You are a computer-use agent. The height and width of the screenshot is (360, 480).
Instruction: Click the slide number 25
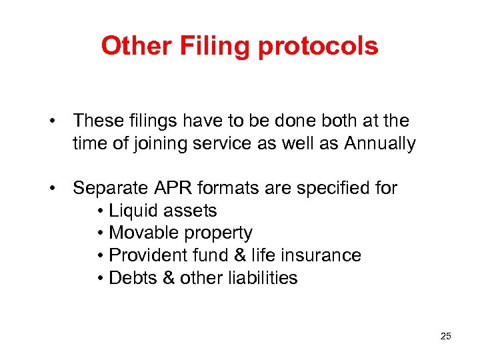(x=446, y=336)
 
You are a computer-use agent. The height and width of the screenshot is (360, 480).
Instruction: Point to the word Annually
(x=380, y=143)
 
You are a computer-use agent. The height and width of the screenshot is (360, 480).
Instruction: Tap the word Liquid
(x=130, y=211)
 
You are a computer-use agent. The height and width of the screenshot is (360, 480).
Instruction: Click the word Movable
(x=137, y=233)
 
